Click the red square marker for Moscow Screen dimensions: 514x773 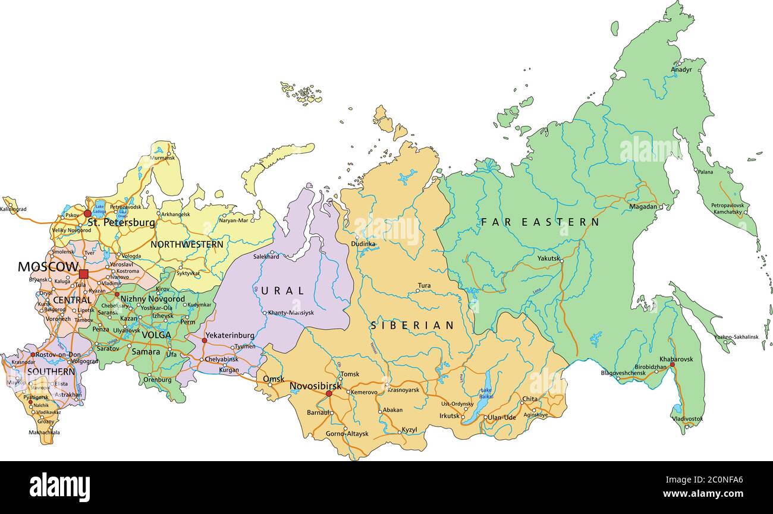[x=83, y=273]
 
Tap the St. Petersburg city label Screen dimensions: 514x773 [x=121, y=223]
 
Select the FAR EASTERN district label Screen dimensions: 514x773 [x=540, y=222]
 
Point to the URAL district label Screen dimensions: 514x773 [x=282, y=291]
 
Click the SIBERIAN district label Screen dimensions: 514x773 [x=412, y=326]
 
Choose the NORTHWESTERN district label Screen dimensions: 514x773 [x=187, y=244]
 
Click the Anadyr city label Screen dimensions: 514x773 [x=681, y=70]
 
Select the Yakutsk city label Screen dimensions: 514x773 [x=548, y=258]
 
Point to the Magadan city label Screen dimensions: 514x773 [x=643, y=207]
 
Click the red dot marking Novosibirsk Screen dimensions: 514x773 [x=329, y=393]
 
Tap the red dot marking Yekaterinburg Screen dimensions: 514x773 [x=205, y=340]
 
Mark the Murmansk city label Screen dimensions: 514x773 [x=162, y=158]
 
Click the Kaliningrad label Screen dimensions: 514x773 [x=13, y=209]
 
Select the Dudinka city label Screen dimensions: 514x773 [x=363, y=244]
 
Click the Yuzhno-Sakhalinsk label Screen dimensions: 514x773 [x=736, y=337]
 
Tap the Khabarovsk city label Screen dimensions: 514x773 [x=676, y=359]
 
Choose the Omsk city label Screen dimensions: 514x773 [x=274, y=379]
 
